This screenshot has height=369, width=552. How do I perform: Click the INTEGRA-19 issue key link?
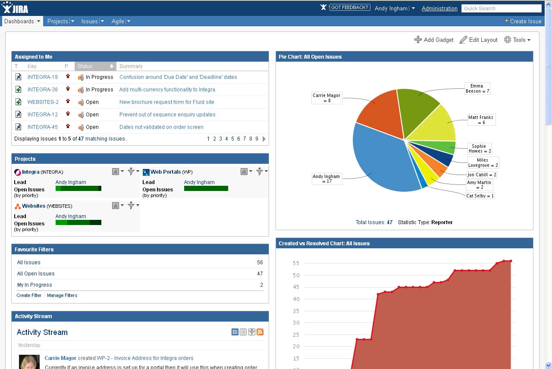point(42,77)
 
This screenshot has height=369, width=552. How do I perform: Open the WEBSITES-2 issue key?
point(43,102)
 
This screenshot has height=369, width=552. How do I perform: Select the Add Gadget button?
point(434,40)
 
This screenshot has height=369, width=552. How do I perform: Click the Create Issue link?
point(523,21)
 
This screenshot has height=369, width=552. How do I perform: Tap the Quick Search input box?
point(501,8)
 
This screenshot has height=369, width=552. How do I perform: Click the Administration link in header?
point(439,8)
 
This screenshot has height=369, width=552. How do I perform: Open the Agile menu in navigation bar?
point(121,21)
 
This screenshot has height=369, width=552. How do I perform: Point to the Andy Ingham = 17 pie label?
point(326,179)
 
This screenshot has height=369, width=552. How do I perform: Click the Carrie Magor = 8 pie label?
point(326,98)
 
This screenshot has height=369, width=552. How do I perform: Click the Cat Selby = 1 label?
point(480,196)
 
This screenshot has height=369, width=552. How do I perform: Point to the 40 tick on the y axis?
point(296,299)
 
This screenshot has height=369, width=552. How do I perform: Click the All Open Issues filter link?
point(36,274)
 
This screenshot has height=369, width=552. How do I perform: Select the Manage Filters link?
point(62,295)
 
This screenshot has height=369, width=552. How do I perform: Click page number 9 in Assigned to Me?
point(257,139)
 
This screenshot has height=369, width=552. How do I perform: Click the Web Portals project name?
point(166,172)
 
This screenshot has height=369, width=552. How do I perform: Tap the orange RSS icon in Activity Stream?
point(260,332)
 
